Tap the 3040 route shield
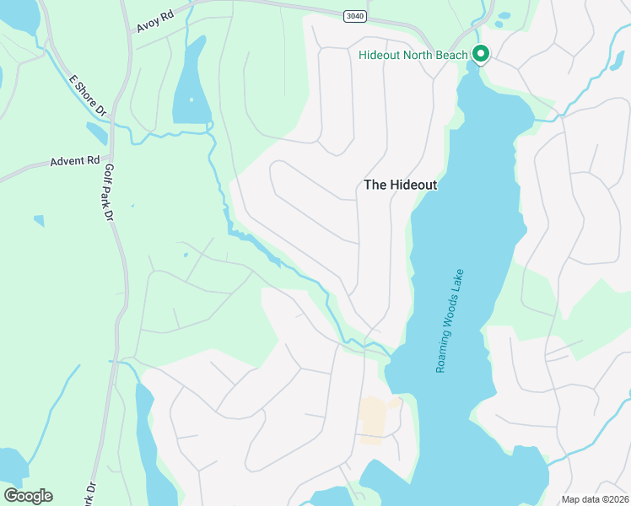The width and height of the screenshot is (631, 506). [x=355, y=16]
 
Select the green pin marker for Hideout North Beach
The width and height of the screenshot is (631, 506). [x=481, y=54]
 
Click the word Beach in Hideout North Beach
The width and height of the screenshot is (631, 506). [x=452, y=56]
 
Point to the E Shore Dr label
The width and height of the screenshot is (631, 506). [x=88, y=95]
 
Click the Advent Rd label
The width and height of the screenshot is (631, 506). [x=75, y=160]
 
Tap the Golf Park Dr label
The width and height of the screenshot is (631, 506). [x=108, y=191]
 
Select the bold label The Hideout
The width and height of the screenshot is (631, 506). [x=400, y=185]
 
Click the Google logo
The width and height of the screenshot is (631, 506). [x=28, y=496]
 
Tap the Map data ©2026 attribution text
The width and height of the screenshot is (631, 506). [x=595, y=499]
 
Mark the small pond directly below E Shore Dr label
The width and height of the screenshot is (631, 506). [x=96, y=133]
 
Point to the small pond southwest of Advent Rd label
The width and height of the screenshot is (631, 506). [x=39, y=221]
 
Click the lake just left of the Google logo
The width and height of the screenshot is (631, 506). [x=10, y=465]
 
